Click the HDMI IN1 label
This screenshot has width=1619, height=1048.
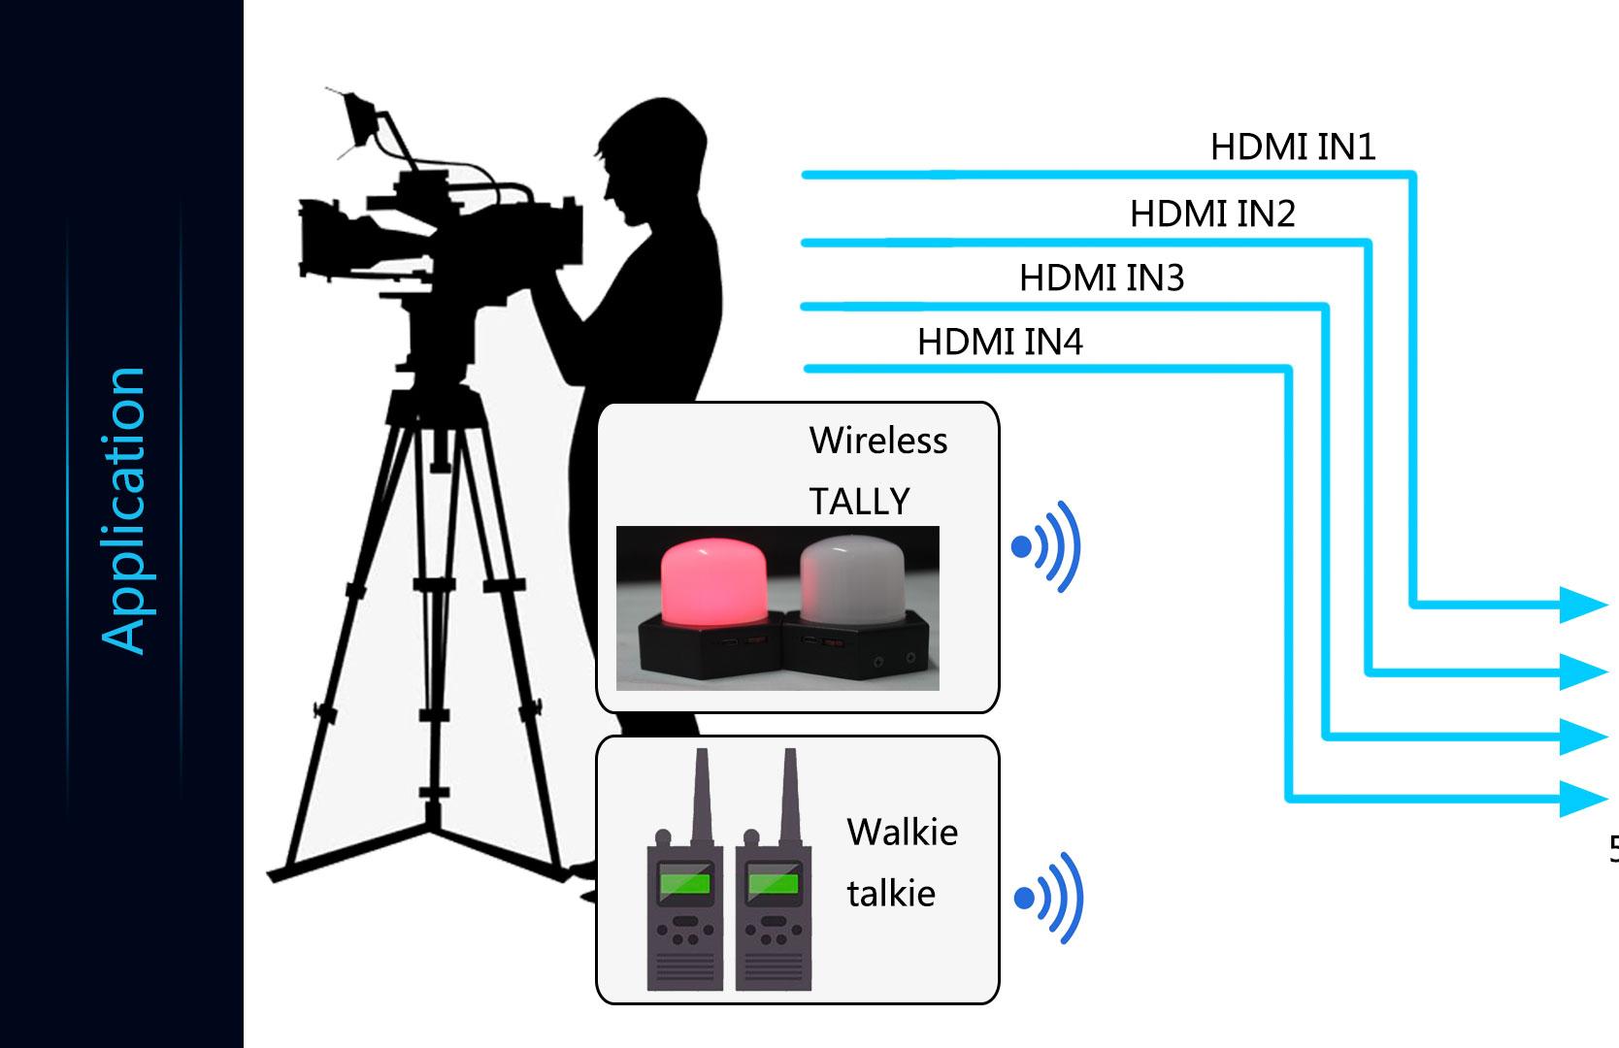click(1293, 147)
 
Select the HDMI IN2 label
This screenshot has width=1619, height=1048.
click(1212, 213)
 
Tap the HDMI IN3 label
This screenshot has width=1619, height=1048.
click(1102, 278)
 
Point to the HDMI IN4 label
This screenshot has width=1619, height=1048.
click(1000, 343)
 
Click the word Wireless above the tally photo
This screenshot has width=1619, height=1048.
click(877, 441)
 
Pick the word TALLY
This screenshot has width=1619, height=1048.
click(859, 502)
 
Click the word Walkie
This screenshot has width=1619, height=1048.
click(902, 833)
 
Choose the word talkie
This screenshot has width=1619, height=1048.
click(891, 894)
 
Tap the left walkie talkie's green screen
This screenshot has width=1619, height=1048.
click(684, 885)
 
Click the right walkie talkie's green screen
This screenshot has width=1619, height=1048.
click(773, 885)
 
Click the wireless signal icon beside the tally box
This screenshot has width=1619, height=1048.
click(1047, 547)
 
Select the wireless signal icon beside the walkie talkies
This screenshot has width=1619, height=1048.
click(1049, 899)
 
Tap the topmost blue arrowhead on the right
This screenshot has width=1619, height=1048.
click(1582, 605)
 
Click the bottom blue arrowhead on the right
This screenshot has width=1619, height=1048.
click(1582, 799)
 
